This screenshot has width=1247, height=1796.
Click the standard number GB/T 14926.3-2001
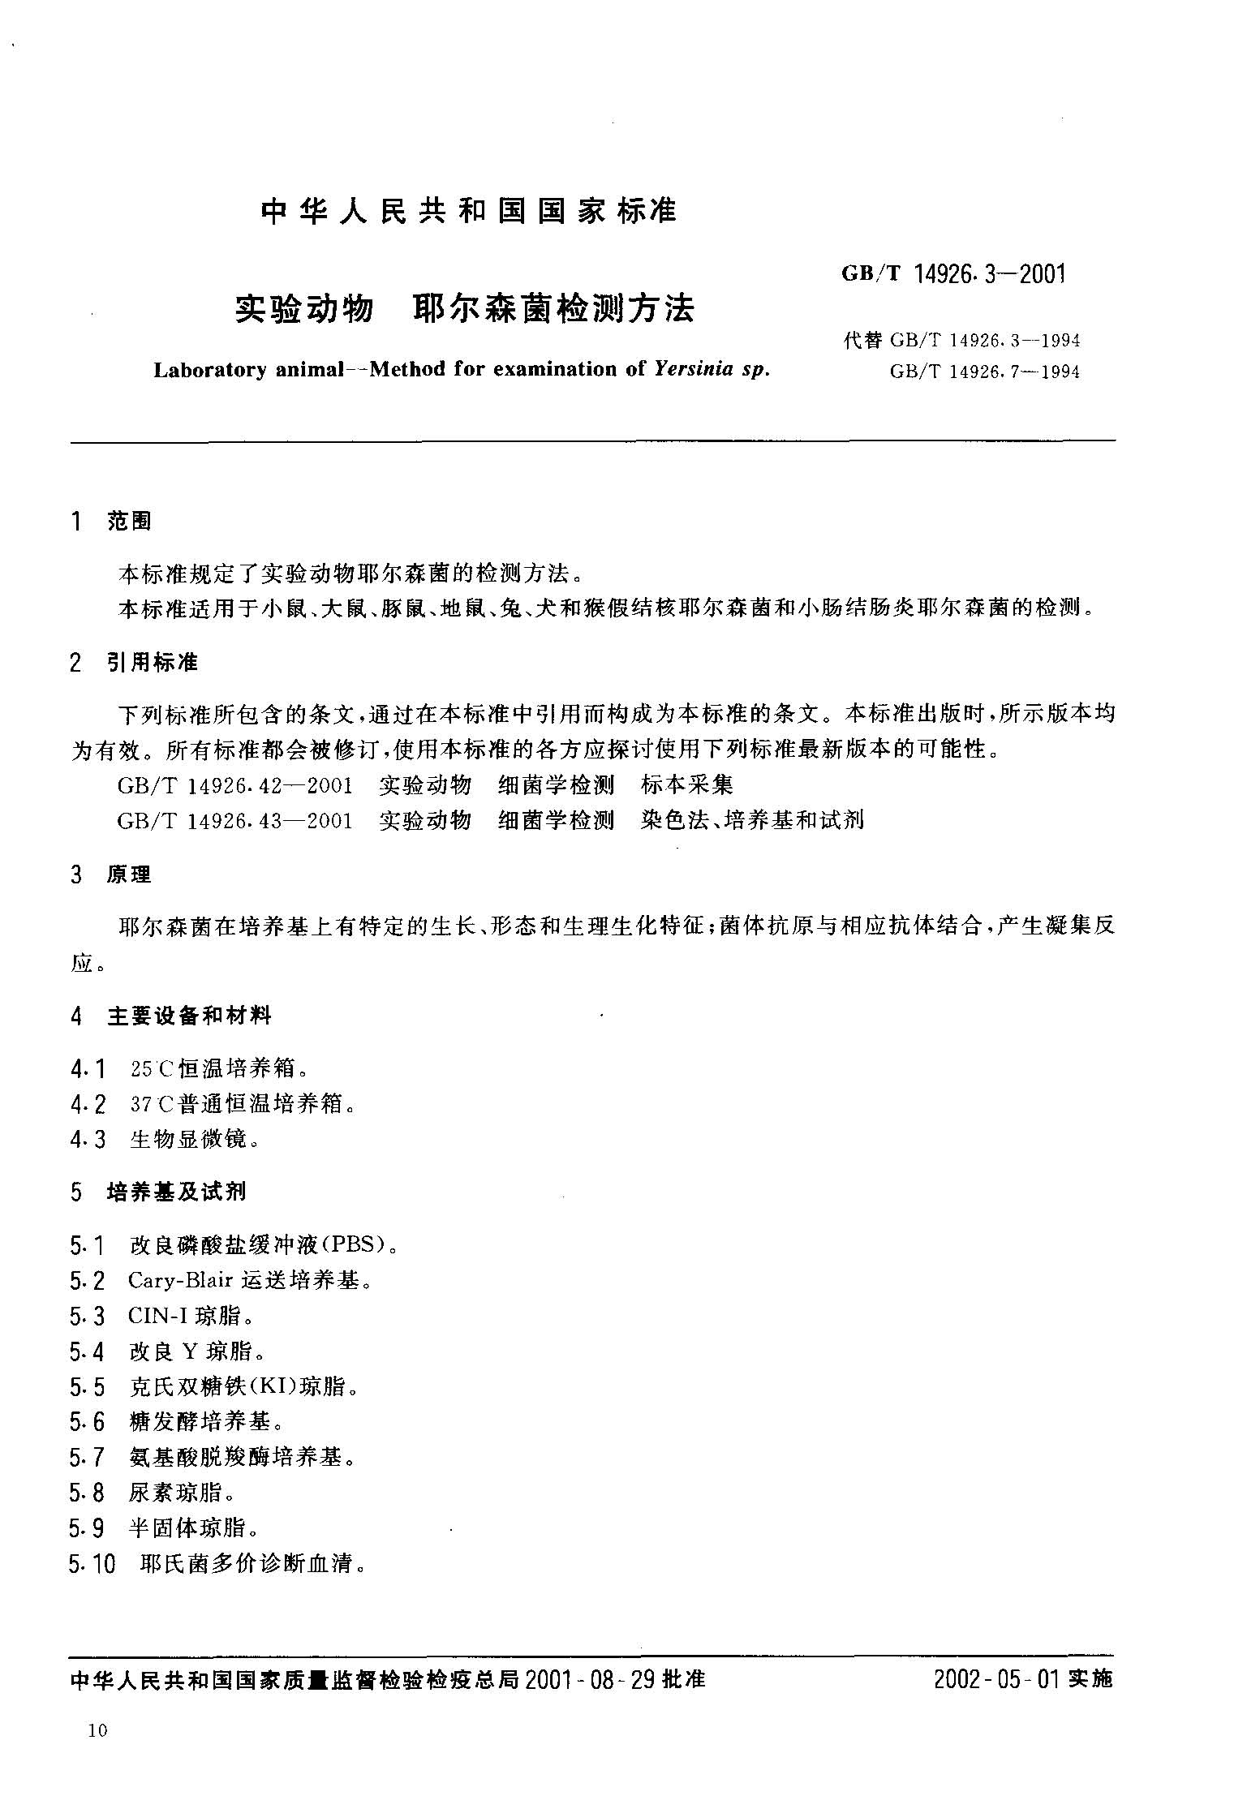[952, 274]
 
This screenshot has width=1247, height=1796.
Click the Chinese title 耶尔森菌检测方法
[554, 309]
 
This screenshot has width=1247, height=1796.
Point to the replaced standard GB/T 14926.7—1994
[985, 372]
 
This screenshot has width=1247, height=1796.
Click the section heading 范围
[129, 522]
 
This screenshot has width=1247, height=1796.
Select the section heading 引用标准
[153, 663]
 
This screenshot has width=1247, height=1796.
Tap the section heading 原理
[129, 875]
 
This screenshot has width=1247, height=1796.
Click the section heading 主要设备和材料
[189, 1015]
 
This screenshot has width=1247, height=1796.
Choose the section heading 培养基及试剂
[177, 1192]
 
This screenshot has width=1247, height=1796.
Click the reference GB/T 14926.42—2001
[235, 784]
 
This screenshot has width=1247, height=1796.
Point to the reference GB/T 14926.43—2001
[235, 820]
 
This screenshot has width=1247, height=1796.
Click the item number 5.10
[93, 1563]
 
